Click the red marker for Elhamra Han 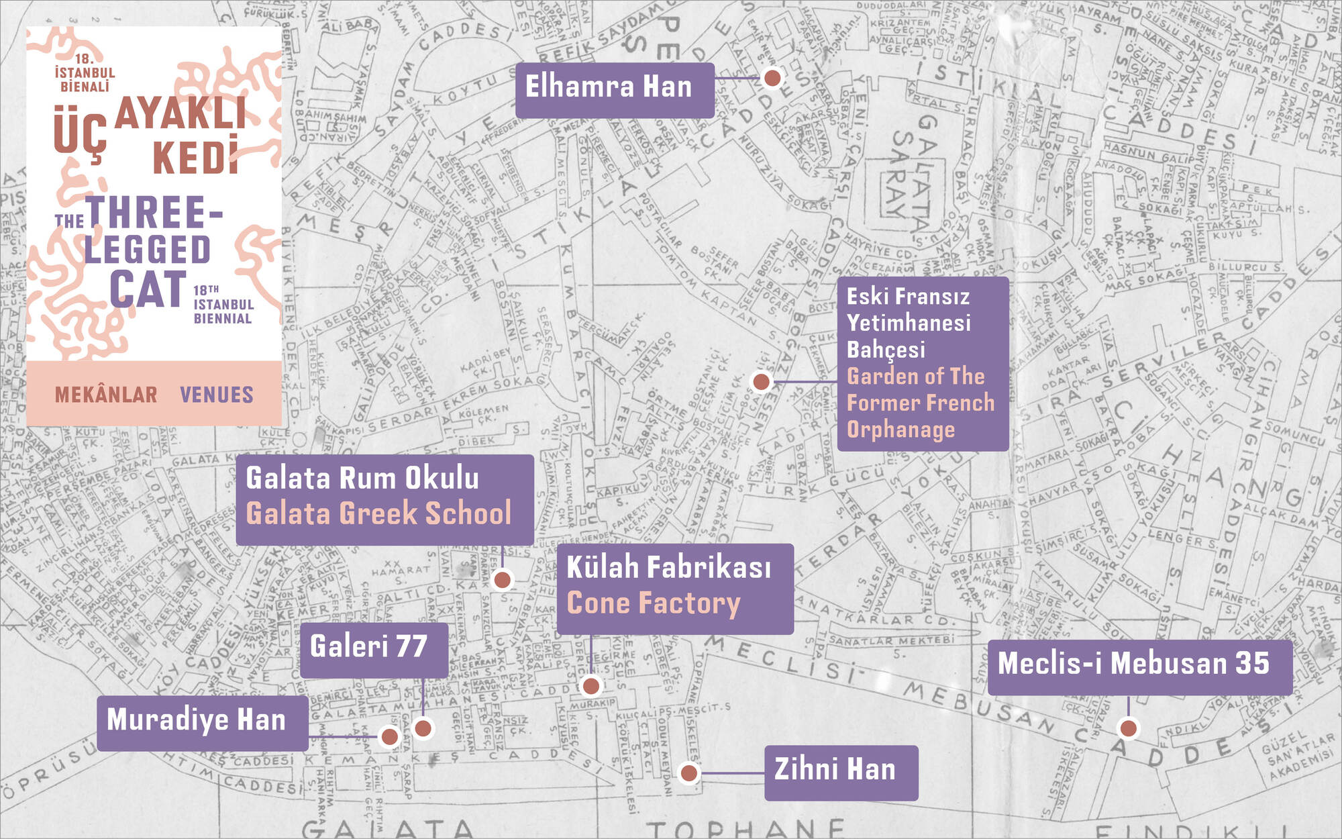pos(772,78)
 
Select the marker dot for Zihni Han pos(689,773)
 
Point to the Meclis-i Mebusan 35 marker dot pos(1129,728)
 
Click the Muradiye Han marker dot pos(389,737)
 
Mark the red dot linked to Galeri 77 pos(423,728)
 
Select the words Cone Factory pos(654,602)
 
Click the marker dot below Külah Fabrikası pos(591,686)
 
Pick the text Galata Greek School pos(378,513)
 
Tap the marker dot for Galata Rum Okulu pos(502,579)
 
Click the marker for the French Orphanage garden pos(761,382)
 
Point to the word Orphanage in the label pos(900,429)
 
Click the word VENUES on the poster pos(217,395)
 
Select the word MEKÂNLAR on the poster pos(106,395)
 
